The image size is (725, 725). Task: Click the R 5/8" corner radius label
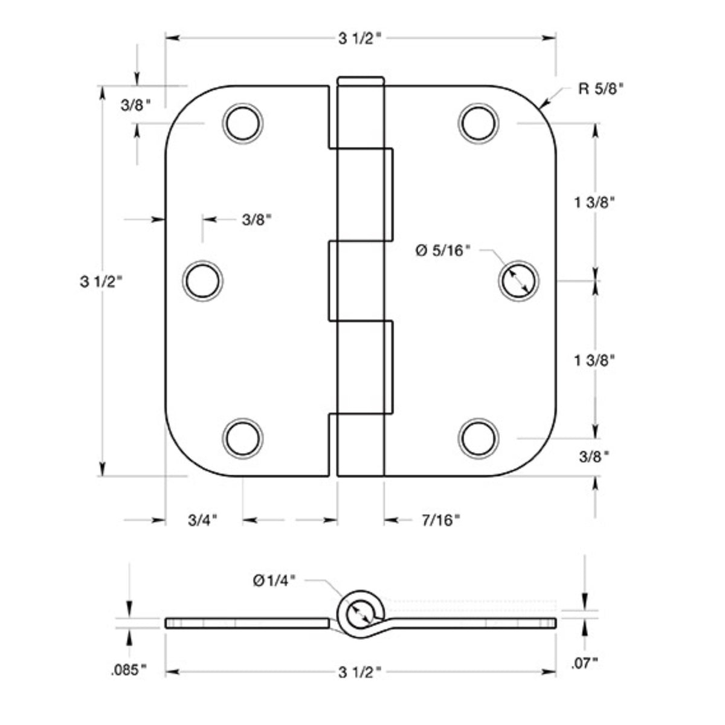[x=601, y=89]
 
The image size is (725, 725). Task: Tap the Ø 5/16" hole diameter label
[x=442, y=250]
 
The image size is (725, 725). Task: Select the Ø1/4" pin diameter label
[x=274, y=580]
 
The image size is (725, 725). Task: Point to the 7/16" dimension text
[x=441, y=520]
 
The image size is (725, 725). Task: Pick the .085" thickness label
[x=129, y=669]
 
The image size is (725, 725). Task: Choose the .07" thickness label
[x=584, y=663]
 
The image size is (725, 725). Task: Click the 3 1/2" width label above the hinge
[x=360, y=39]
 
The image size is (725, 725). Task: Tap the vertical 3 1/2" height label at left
[x=101, y=281]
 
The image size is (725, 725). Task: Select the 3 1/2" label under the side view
[x=360, y=671]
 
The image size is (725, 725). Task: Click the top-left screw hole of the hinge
[x=243, y=123]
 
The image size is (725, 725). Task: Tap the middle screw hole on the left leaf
[x=202, y=280]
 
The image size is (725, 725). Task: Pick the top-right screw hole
[x=479, y=123]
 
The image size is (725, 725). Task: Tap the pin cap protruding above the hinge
[x=361, y=81]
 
